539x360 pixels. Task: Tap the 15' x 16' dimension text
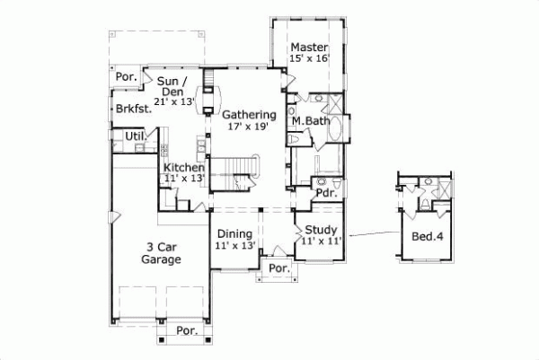310,58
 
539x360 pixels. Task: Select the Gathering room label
247,114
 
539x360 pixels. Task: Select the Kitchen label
183,167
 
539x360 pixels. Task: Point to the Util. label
136,136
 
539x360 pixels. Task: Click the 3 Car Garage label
163,252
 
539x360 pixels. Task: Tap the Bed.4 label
427,237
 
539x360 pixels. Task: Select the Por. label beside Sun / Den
127,77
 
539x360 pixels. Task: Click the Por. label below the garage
187,330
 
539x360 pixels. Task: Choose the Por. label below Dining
279,268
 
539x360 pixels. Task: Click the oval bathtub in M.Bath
334,129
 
